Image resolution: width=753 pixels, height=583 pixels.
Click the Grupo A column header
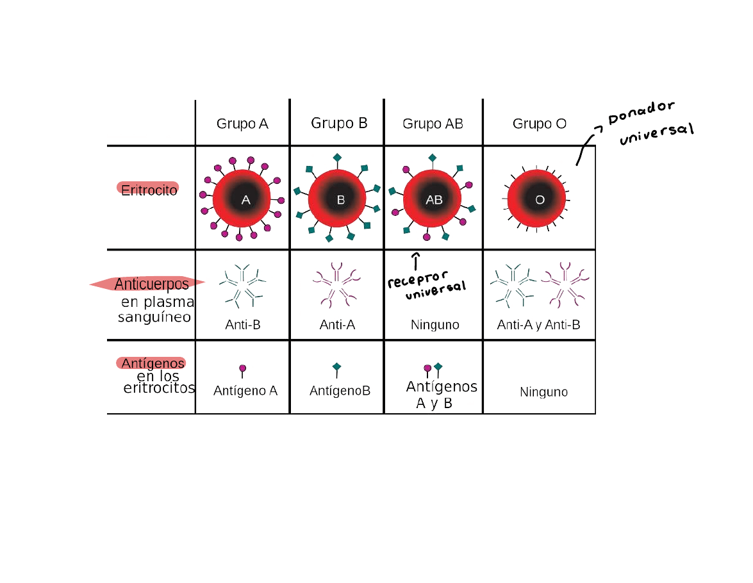pyautogui.click(x=242, y=124)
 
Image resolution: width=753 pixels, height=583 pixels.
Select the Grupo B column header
pyautogui.click(x=339, y=123)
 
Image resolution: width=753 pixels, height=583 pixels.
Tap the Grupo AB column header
pyautogui.click(x=433, y=124)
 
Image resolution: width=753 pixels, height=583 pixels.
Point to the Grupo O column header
pyautogui.click(x=540, y=124)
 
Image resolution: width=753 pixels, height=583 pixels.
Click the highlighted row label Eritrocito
pyautogui.click(x=149, y=190)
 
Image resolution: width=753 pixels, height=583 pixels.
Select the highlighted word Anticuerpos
pyautogui.click(x=151, y=284)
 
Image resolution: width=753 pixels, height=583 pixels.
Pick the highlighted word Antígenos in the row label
pyautogui.click(x=153, y=363)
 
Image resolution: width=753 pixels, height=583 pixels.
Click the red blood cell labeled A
pyautogui.click(x=242, y=199)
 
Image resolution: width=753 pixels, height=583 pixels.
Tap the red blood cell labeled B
pyautogui.click(x=338, y=199)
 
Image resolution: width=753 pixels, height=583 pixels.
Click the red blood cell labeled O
pyautogui.click(x=537, y=199)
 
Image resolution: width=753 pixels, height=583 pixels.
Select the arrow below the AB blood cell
pyautogui.click(x=416, y=261)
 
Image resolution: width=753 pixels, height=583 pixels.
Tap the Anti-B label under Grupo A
pyautogui.click(x=243, y=325)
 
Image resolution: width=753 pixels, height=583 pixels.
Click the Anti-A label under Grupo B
pyautogui.click(x=337, y=325)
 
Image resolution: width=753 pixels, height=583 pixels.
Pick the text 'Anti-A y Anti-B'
pyautogui.click(x=538, y=325)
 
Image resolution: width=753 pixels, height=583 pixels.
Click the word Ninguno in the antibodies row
pyautogui.click(x=435, y=325)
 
